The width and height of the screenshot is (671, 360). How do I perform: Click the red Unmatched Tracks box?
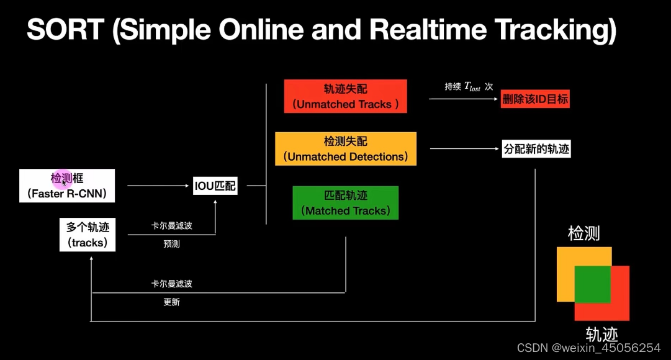point(345,96)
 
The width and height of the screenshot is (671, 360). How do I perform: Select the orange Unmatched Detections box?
point(346,149)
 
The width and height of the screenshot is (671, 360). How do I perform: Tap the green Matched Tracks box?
point(345,203)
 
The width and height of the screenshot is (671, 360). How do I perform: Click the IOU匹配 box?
point(215,186)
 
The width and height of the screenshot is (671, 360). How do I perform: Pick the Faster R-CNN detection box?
point(67,186)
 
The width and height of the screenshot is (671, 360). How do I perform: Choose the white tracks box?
point(87,235)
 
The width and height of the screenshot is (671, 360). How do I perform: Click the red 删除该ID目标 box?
point(535,99)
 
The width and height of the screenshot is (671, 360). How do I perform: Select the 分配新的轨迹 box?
point(536,149)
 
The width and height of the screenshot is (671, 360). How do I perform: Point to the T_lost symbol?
point(472,88)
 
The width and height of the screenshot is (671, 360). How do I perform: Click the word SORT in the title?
point(65,30)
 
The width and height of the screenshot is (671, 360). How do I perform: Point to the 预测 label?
point(171,244)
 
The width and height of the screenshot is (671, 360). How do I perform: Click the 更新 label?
point(171,302)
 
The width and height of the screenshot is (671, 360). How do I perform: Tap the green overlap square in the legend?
point(593,284)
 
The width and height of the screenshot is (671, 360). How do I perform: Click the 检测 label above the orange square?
point(583,233)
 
